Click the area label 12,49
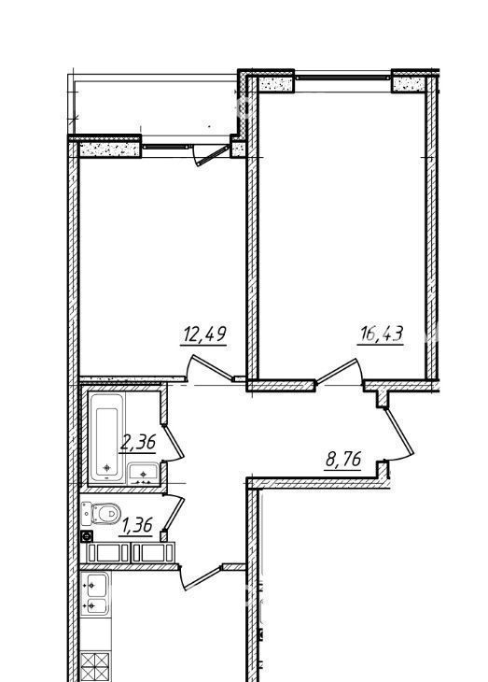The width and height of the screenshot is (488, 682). click(204, 334)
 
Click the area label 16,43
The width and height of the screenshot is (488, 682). click(381, 334)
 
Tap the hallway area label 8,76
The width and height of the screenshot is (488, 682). click(343, 460)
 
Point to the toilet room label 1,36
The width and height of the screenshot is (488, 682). click(137, 526)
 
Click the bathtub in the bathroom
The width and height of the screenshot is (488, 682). click(107, 438)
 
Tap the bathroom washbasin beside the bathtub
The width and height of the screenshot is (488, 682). click(143, 474)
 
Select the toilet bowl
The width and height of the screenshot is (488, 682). click(107, 514)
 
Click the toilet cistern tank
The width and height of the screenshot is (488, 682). click(87, 514)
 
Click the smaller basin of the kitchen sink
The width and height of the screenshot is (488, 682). click(97, 605)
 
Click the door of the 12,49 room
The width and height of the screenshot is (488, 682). click(211, 367)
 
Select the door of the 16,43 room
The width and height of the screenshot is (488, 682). click(338, 371)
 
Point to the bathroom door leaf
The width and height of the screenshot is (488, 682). click(174, 442)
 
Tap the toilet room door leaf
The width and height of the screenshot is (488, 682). click(174, 514)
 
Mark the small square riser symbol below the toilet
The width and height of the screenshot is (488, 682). click(87, 536)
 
